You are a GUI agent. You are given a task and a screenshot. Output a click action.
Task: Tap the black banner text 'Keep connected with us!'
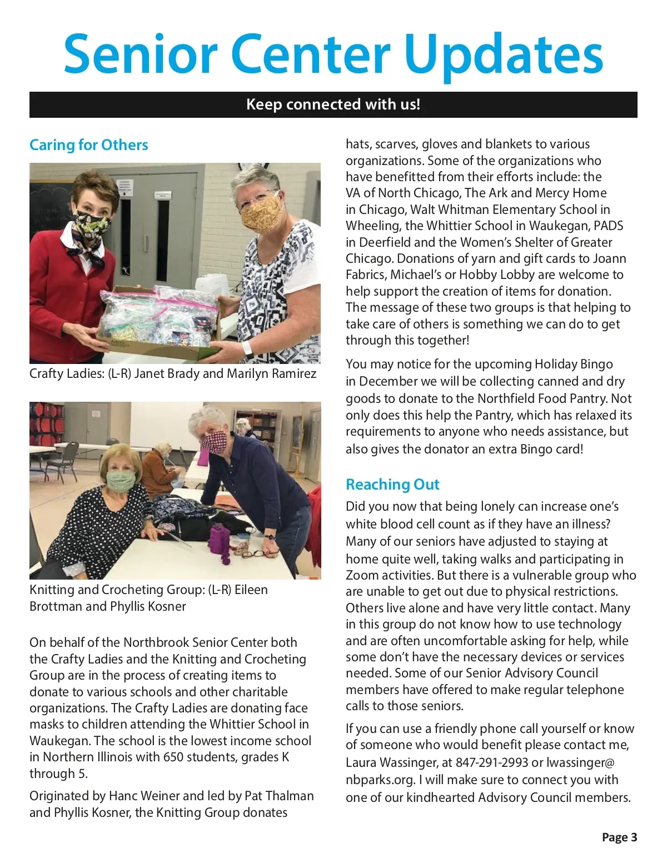(333, 104)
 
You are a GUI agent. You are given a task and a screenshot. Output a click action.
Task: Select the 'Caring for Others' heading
(89, 145)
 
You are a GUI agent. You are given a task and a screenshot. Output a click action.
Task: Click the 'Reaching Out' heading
(392, 485)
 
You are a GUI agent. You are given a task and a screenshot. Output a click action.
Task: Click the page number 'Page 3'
(619, 837)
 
